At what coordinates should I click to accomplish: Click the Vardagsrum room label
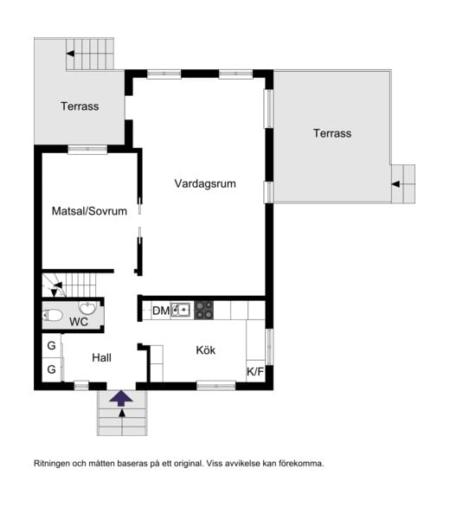(x=205, y=184)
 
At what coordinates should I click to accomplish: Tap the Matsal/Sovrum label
(x=89, y=211)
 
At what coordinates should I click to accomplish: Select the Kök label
(x=205, y=350)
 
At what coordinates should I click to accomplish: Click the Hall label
(x=101, y=356)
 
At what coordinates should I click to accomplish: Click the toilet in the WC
(x=52, y=315)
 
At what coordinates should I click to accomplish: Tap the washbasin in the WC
(x=87, y=308)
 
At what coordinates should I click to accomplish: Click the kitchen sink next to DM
(x=181, y=310)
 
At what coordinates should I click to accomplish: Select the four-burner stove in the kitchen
(x=203, y=310)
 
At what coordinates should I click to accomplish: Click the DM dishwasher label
(x=160, y=311)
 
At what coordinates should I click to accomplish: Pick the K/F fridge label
(x=255, y=373)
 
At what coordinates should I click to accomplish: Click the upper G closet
(x=52, y=346)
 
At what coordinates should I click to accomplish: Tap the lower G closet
(x=52, y=369)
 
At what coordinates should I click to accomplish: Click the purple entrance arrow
(x=122, y=398)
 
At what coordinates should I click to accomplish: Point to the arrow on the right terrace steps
(x=395, y=184)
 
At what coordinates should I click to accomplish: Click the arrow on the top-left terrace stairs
(x=71, y=55)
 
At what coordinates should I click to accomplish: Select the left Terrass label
(x=80, y=107)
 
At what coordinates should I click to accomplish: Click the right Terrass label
(x=332, y=133)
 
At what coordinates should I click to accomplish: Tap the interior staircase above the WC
(x=73, y=282)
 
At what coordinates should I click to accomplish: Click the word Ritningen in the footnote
(x=53, y=464)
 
